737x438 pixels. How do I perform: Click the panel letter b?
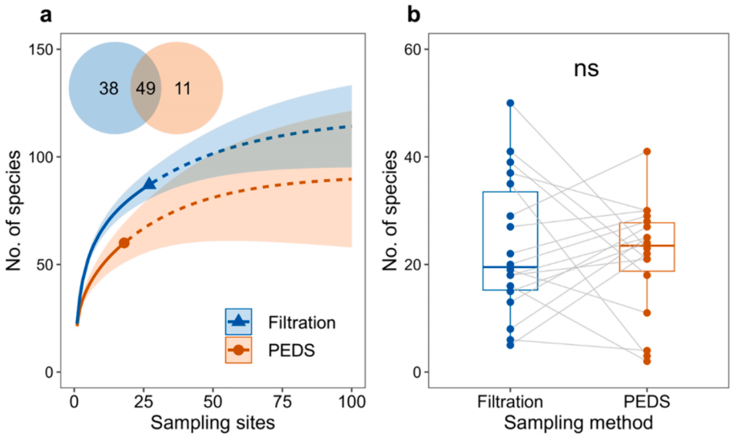(414, 14)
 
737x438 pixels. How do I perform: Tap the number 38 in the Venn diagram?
(109, 88)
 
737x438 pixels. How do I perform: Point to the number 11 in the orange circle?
(182, 88)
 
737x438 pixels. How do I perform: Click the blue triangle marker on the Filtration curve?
(149, 185)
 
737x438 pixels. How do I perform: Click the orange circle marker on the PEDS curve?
(124, 242)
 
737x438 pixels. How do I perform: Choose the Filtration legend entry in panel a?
(277, 322)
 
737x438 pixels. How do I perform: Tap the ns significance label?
(585, 69)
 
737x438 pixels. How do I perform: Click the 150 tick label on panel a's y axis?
(40, 50)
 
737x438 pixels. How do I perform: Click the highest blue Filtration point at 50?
(510, 103)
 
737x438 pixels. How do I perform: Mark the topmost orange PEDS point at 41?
(646, 152)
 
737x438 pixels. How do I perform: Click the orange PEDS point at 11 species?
(646, 313)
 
